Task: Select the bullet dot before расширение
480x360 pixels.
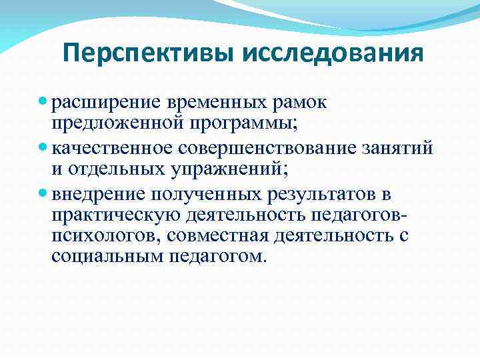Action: coord(43,103)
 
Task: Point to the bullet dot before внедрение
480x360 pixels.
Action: coord(43,194)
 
